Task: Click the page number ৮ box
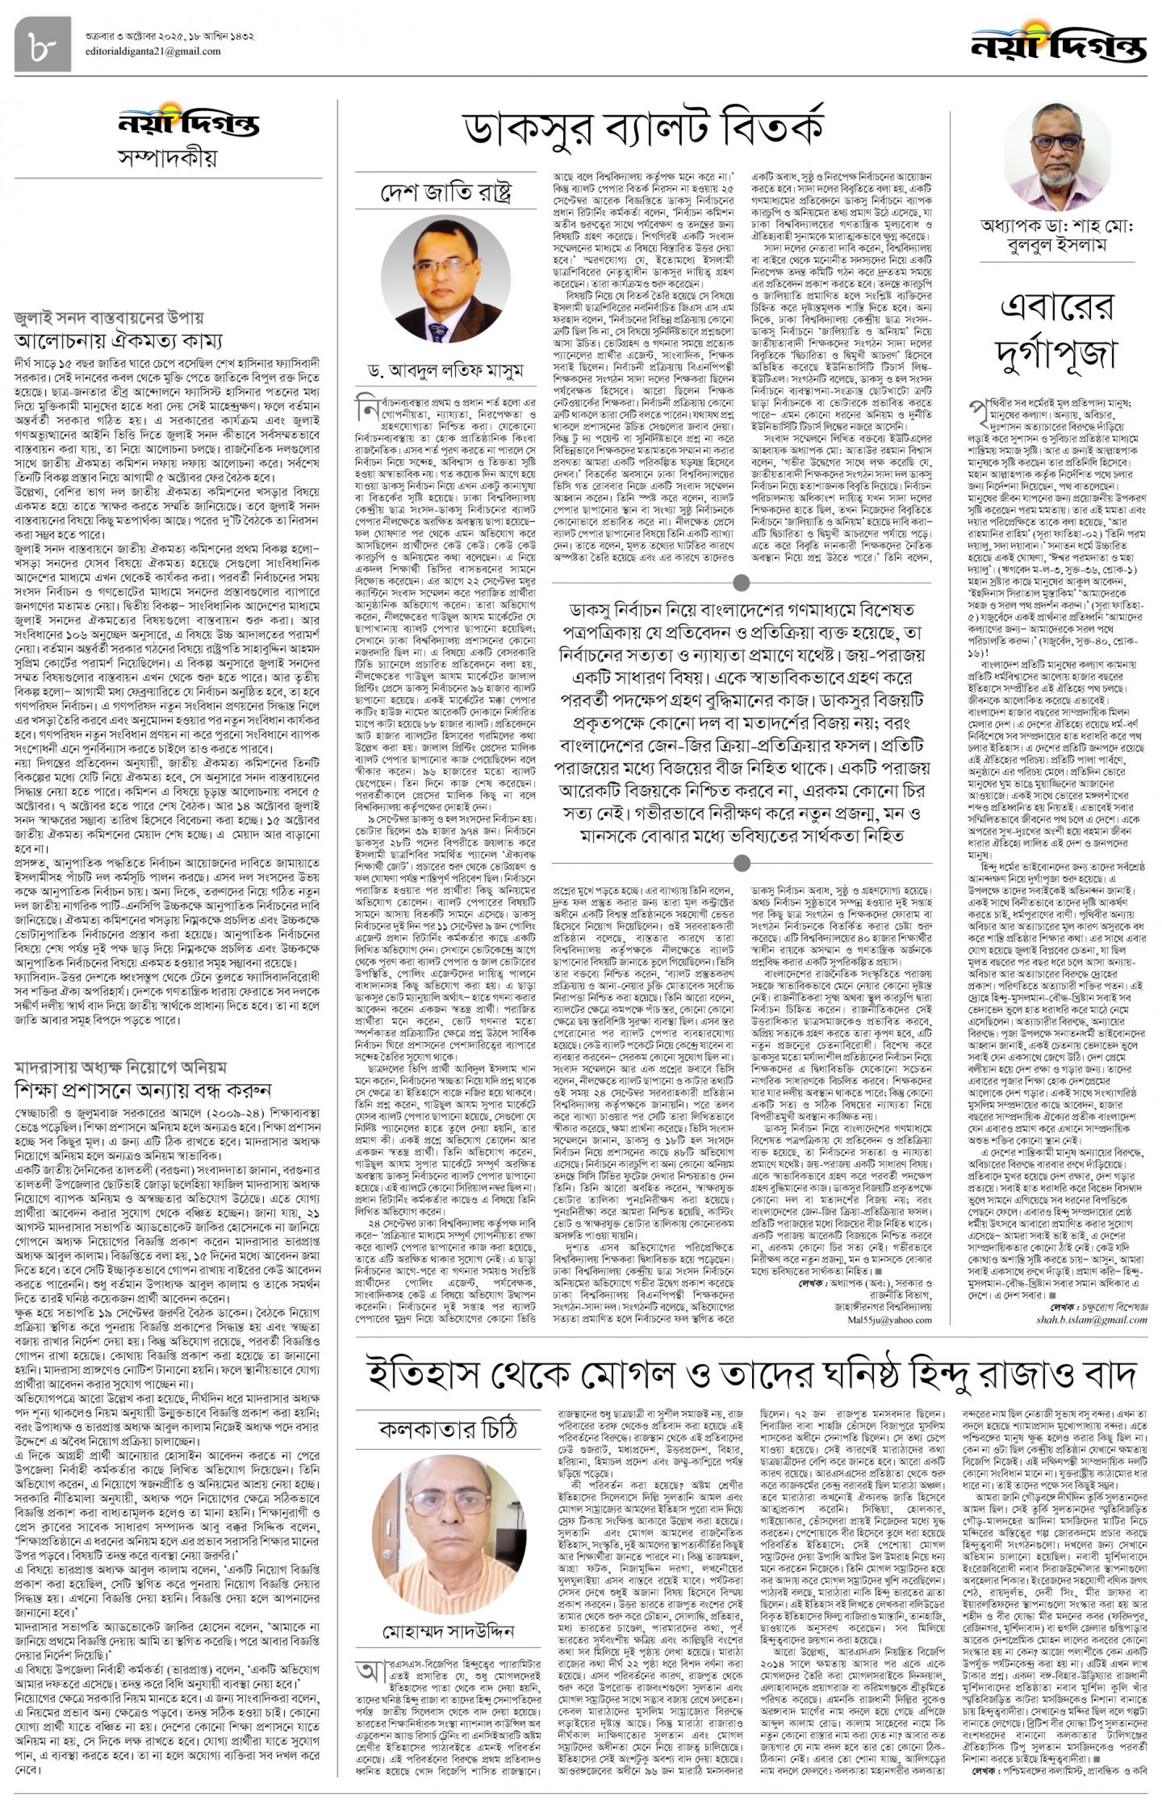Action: [43, 44]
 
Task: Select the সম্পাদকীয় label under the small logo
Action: [168, 158]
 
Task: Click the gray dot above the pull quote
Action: [742, 582]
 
